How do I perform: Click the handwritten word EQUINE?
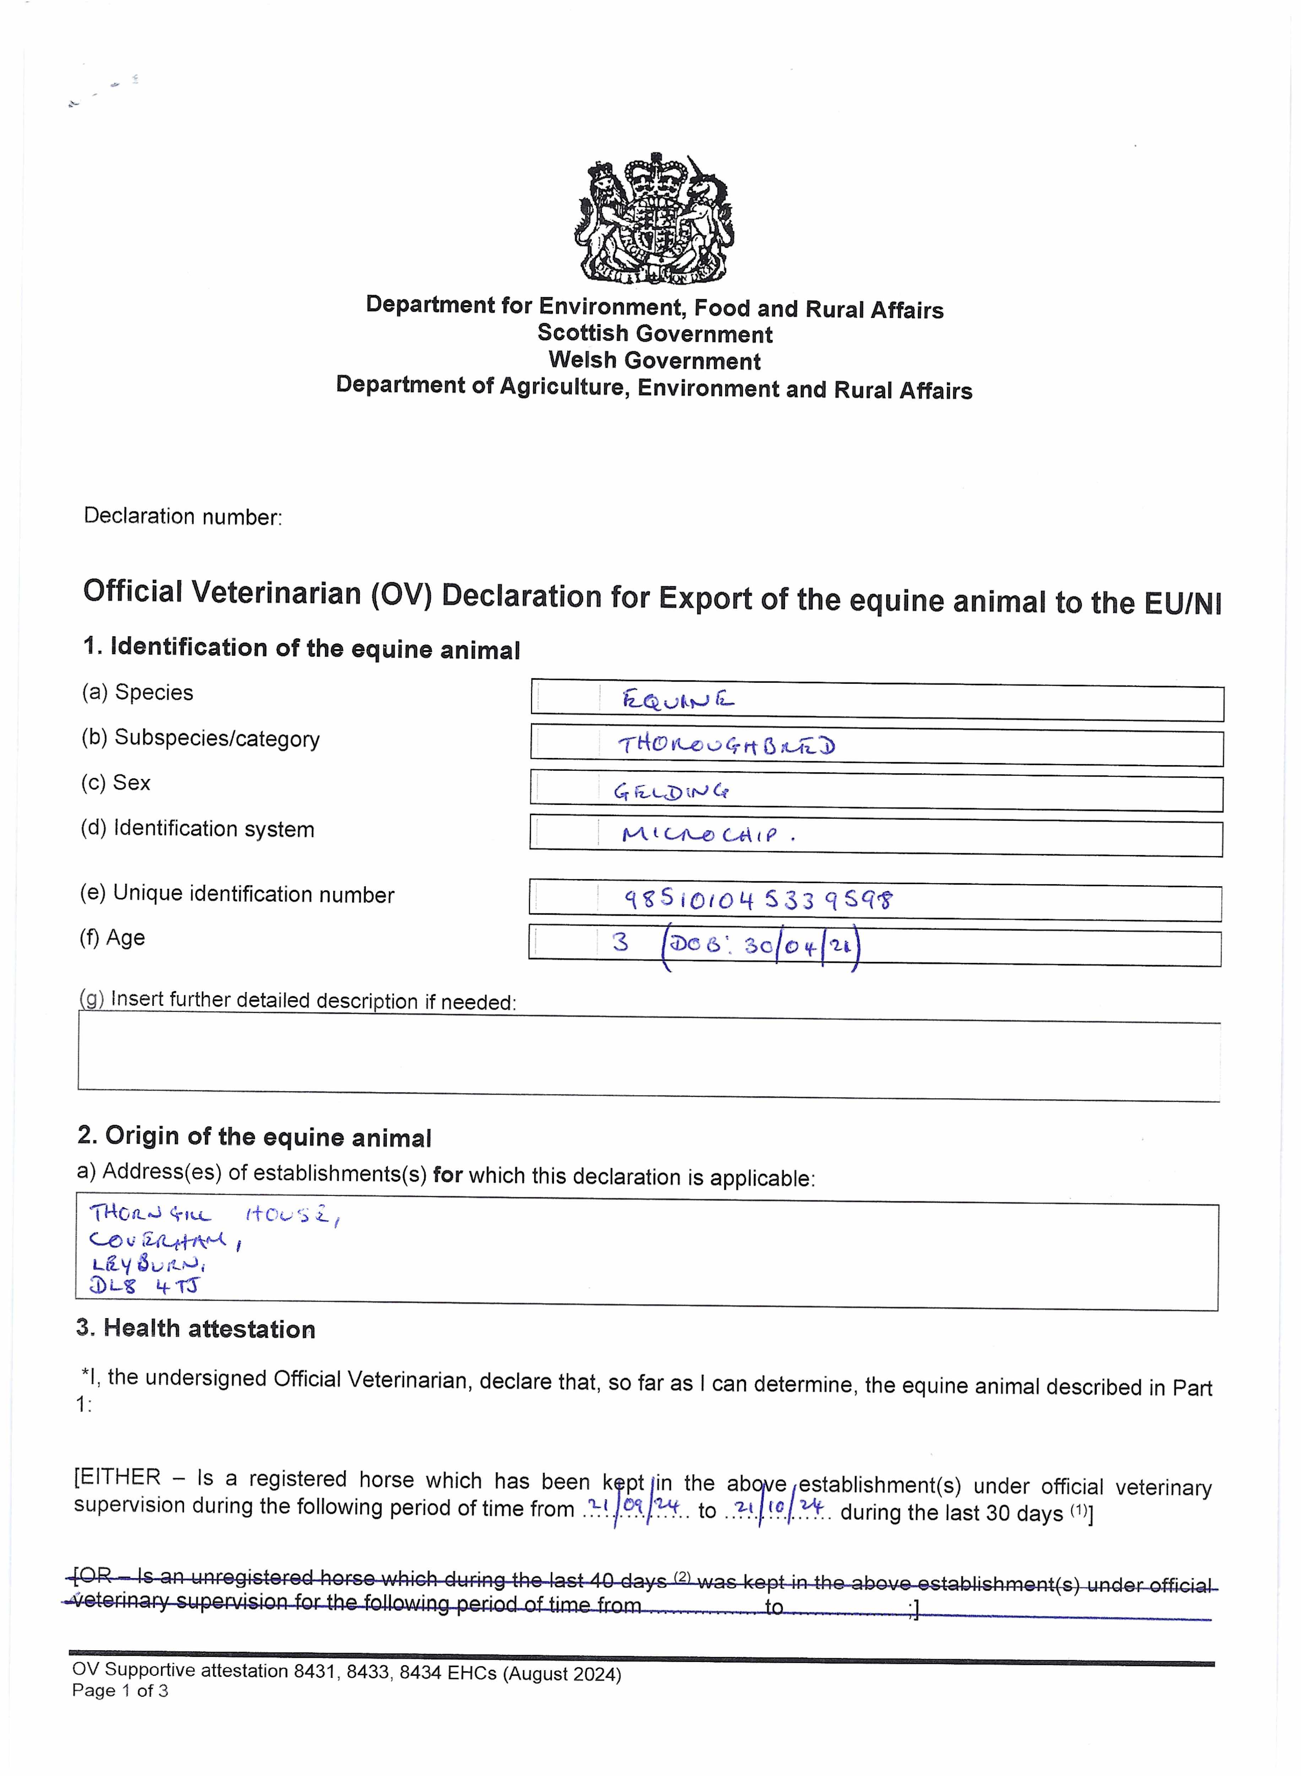point(677,699)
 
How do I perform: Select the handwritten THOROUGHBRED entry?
point(726,745)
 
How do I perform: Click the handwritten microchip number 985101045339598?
point(758,899)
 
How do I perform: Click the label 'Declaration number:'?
point(183,517)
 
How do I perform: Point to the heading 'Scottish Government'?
point(655,334)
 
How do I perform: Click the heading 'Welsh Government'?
point(655,361)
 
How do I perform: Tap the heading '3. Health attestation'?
point(195,1329)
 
